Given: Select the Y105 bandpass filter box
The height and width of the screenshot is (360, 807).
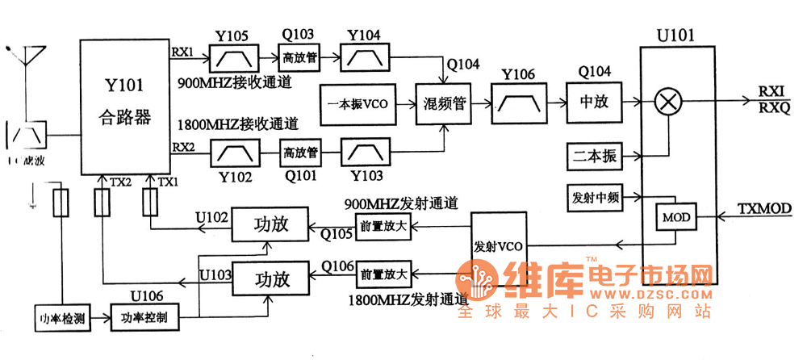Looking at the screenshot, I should pyautogui.click(x=234, y=57).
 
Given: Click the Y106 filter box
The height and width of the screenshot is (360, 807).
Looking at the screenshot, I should pyautogui.click(x=516, y=103).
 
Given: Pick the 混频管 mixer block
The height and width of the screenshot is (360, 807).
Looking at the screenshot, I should pyautogui.click(x=442, y=103).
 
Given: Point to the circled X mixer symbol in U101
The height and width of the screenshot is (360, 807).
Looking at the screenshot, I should pyautogui.click(x=667, y=103).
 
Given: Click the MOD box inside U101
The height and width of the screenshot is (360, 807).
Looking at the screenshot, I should pyautogui.click(x=674, y=218).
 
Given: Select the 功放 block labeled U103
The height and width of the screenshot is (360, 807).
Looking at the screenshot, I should pyautogui.click(x=271, y=280).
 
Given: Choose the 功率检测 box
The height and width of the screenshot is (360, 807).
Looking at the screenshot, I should pyautogui.click(x=61, y=316).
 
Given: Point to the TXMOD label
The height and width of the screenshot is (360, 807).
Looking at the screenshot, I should pyautogui.click(x=765, y=209).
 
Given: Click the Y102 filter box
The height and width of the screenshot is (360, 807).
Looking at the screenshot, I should pyautogui.click(x=236, y=150).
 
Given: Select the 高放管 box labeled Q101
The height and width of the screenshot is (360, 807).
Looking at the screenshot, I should pyautogui.click(x=300, y=150).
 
